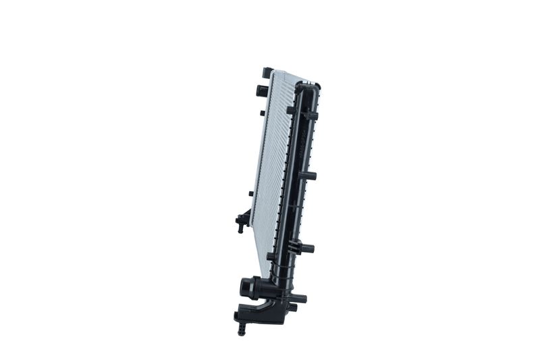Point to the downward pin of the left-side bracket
point(240,229)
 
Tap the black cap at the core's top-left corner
point(267,72)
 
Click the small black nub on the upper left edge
point(261,113)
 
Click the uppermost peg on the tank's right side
point(310,115)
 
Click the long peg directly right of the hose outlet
point(298,298)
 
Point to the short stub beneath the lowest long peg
point(292,307)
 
